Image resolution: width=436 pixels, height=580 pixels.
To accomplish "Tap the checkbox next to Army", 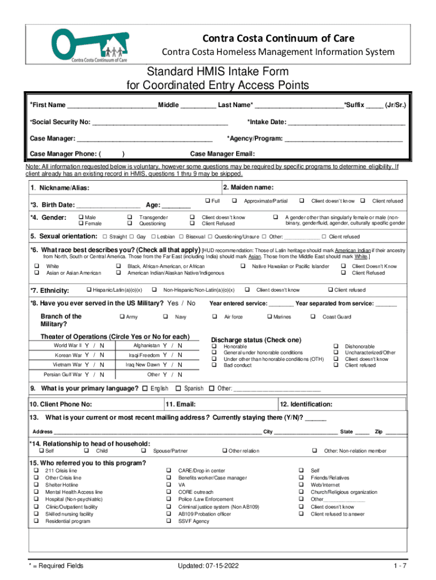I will (121, 317).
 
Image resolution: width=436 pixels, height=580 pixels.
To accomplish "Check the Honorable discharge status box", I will (214, 346).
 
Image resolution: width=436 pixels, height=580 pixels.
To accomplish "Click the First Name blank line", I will (112, 106).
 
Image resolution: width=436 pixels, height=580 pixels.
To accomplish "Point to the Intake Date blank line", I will (347, 122).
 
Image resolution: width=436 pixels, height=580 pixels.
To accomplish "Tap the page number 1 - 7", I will (400, 565).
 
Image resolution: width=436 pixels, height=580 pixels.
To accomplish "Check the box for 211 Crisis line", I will (36, 471).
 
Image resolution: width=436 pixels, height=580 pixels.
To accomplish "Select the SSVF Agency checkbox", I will (169, 521).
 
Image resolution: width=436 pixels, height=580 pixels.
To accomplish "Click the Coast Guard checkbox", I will (313, 317).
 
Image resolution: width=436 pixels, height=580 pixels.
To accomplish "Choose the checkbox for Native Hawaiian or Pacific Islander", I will (243, 266).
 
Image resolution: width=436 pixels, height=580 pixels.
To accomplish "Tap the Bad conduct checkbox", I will (214, 365).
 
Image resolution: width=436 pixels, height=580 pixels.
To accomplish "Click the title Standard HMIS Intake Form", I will (218, 72).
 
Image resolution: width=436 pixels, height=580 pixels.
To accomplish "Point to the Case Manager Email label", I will (223, 153).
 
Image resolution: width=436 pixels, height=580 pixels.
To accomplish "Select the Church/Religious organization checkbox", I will (301, 492).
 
